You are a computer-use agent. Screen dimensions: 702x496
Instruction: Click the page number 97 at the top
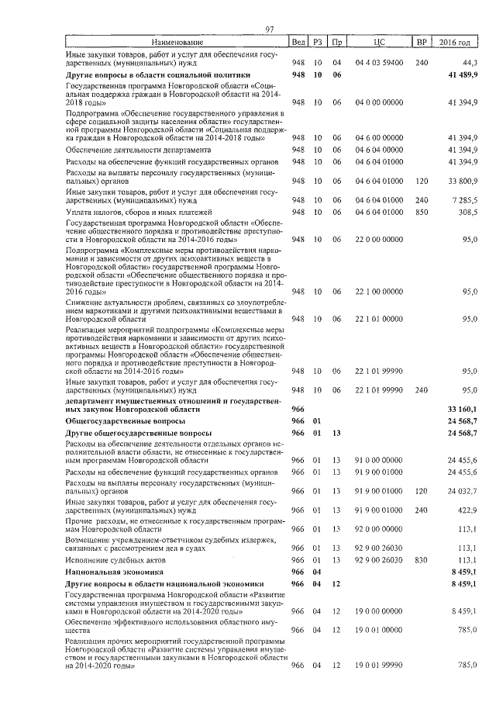tap(270, 29)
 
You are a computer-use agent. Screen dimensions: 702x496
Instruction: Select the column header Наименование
tap(177, 42)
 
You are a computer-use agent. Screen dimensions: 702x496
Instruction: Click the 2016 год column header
tap(455, 42)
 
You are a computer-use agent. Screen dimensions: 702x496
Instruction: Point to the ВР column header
tap(422, 42)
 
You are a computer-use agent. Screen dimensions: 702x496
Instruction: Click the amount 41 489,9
tap(463, 74)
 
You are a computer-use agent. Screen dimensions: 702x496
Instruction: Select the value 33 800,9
tap(463, 186)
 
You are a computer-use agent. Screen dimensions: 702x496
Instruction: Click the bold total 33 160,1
tap(463, 409)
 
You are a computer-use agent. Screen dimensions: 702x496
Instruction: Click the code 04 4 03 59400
tap(378, 61)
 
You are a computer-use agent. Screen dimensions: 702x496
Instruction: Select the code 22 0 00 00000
tap(378, 240)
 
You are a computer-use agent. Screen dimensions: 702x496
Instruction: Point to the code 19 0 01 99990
tap(378, 666)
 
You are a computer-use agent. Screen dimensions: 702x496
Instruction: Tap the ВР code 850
tap(422, 213)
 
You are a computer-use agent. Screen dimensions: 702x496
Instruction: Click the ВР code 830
tap(422, 559)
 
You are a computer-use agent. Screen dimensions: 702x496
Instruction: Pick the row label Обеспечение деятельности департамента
tap(138, 149)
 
